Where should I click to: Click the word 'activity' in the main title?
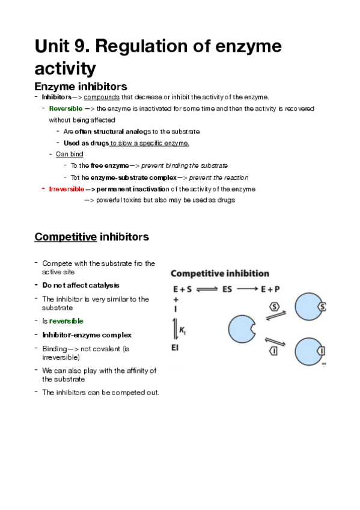point(66,68)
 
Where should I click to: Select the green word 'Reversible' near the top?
point(66,108)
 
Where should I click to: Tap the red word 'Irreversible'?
point(67,189)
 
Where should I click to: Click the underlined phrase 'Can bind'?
point(69,154)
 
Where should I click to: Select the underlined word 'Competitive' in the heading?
point(66,236)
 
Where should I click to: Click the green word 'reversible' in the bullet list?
point(66,321)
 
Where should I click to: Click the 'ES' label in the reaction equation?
point(227,289)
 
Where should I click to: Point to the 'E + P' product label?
point(270,289)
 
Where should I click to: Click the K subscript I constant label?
point(183,328)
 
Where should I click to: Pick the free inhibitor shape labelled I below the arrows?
point(274,351)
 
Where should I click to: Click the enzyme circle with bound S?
point(313,307)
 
